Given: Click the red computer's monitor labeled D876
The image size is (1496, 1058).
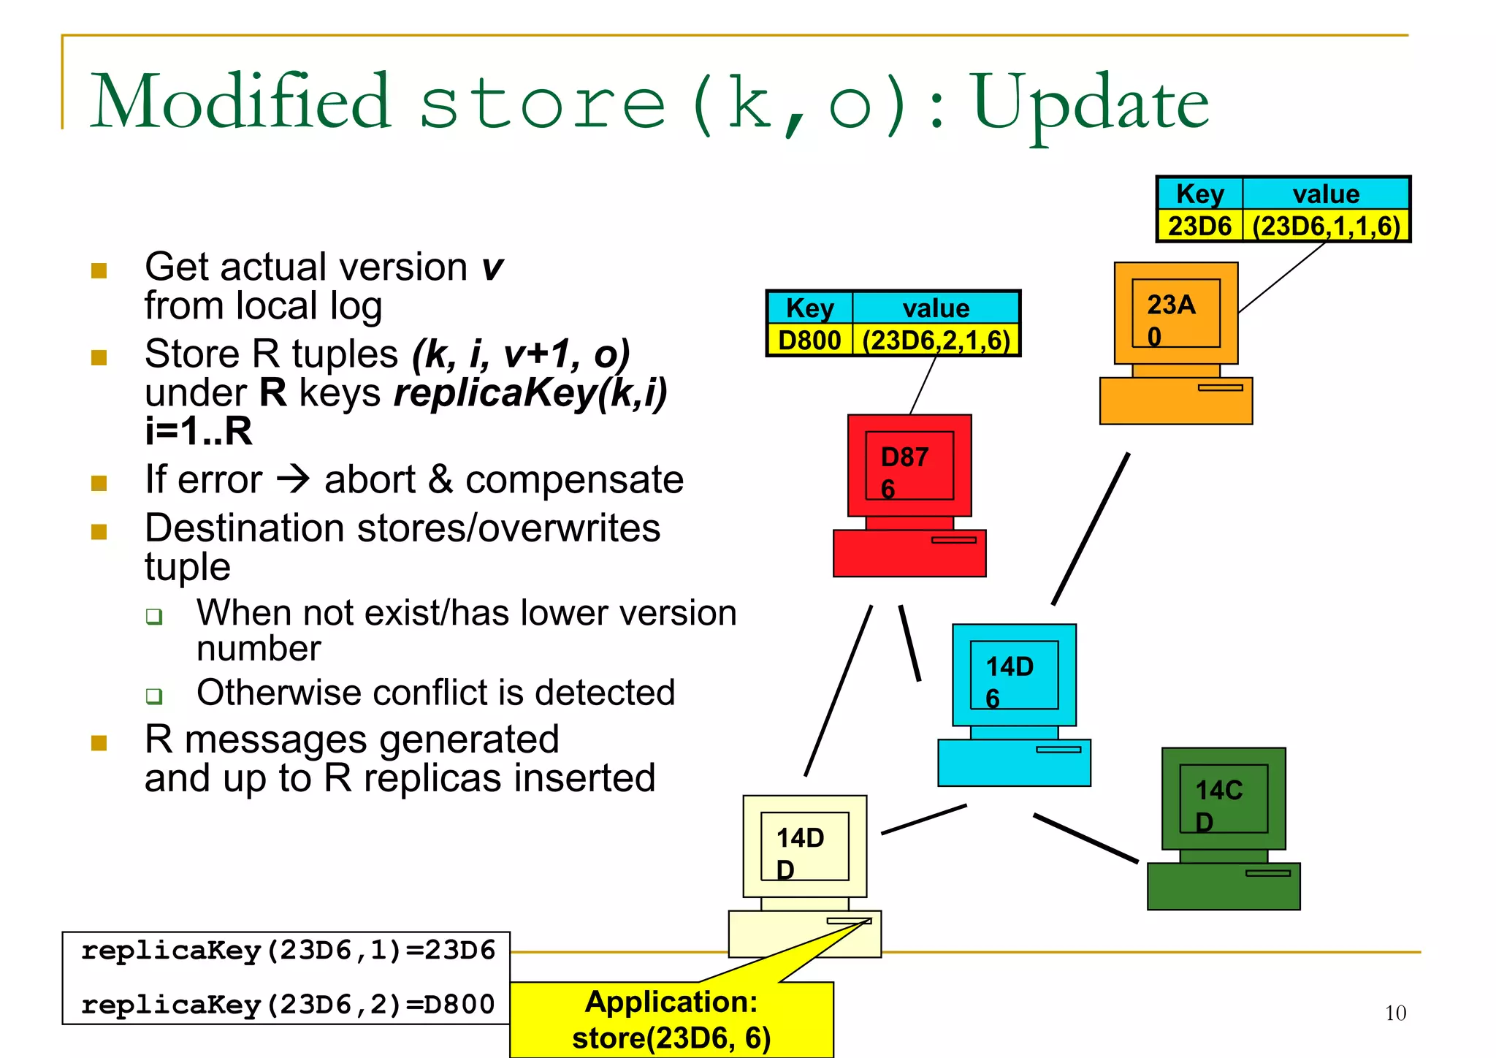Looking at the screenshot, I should [x=909, y=465].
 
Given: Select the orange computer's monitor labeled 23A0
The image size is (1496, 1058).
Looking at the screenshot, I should [x=1176, y=313].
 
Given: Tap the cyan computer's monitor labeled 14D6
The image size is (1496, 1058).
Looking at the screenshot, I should [x=1014, y=675].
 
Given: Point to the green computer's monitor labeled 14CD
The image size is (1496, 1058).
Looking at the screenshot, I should [x=1224, y=799].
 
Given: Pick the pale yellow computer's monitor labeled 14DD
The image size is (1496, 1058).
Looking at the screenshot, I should [x=805, y=846].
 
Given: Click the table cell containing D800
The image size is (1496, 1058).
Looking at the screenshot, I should [x=809, y=340].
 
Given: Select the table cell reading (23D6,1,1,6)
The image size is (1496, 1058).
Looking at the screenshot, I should [x=1326, y=226].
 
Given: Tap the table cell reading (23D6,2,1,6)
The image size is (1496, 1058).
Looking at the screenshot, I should [x=936, y=340].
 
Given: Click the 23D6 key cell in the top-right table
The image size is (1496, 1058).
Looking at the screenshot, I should [x=1199, y=226].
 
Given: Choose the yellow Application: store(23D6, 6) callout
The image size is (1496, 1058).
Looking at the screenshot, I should [x=671, y=1019].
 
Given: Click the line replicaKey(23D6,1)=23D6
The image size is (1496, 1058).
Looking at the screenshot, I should [x=288, y=951].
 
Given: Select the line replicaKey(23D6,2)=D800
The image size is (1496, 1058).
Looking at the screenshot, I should [x=288, y=1005].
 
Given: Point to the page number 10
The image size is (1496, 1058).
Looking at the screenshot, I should [x=1395, y=1013].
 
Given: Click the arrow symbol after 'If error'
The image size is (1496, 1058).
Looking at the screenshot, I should [x=294, y=479].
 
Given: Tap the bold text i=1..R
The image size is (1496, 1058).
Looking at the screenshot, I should [x=198, y=431].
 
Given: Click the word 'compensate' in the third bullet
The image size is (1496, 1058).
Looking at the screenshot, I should [x=574, y=480].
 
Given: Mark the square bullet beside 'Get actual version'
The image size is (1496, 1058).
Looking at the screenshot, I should [x=99, y=271].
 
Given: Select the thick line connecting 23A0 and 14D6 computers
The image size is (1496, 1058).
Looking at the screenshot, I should [x=1091, y=529].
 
